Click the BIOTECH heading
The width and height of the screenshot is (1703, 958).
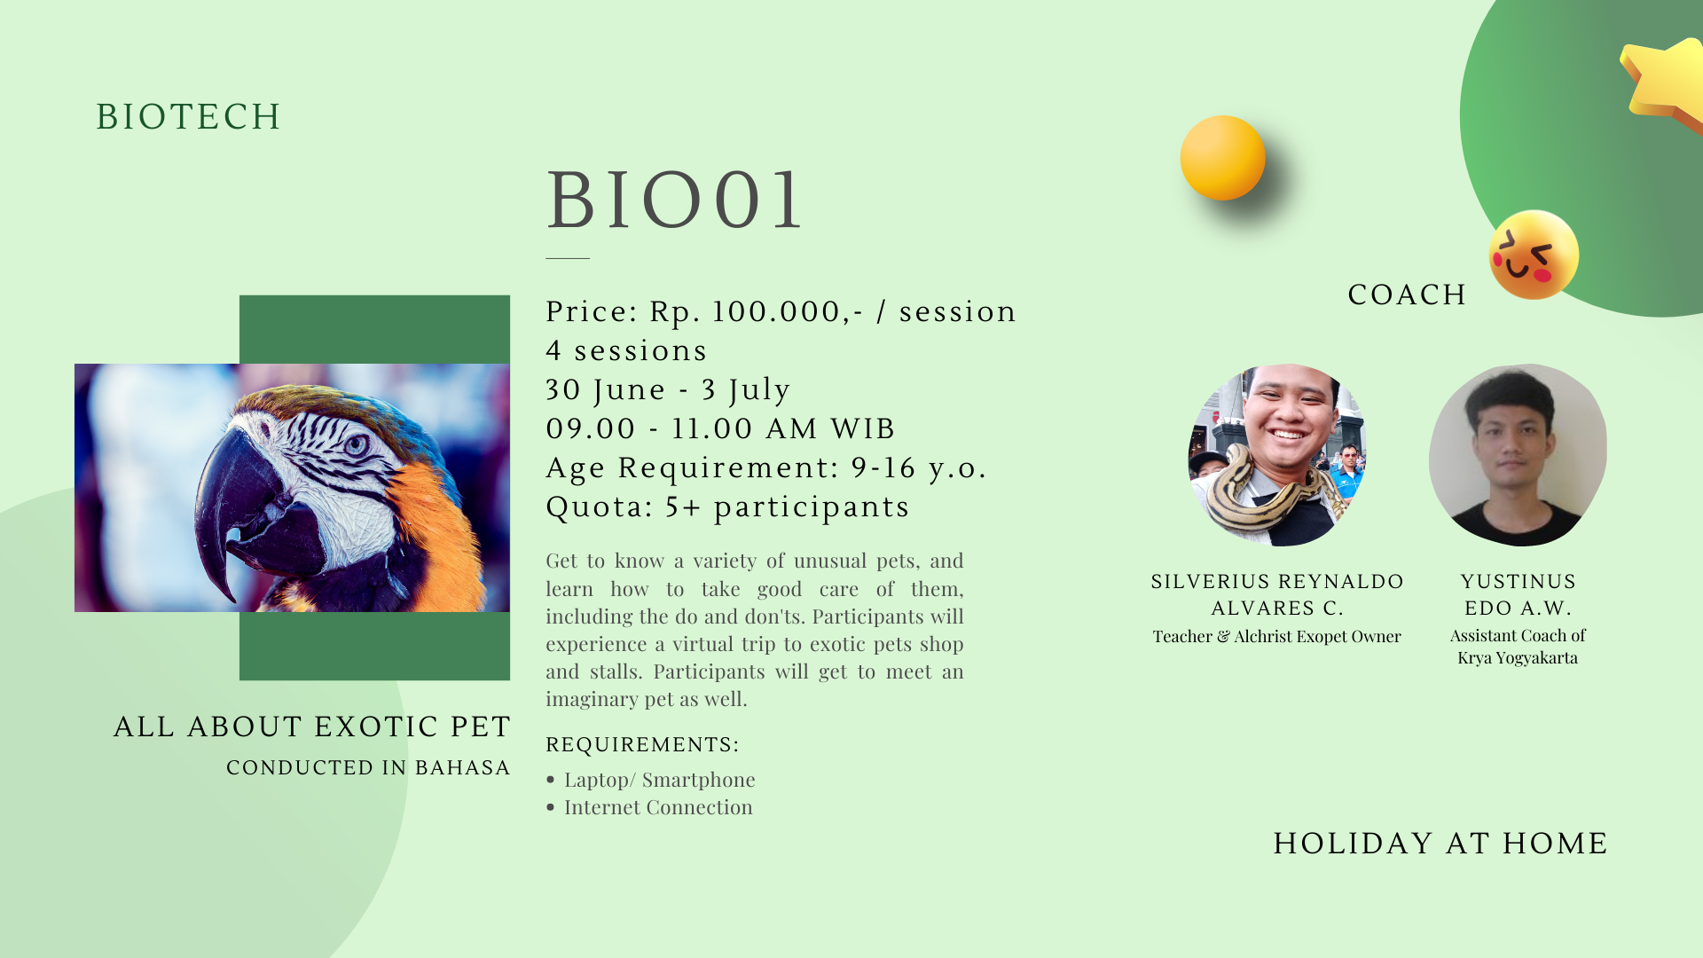point(188,116)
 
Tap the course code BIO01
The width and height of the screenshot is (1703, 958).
point(675,200)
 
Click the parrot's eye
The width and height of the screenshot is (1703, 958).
point(356,444)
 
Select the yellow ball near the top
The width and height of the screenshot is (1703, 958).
point(1222,158)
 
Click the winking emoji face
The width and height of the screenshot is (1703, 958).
point(1534,255)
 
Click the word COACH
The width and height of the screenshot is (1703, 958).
point(1408,294)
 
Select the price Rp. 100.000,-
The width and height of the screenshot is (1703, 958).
point(757,311)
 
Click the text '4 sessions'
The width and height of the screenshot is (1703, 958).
point(626,350)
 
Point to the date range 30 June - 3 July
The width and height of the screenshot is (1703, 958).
point(668,389)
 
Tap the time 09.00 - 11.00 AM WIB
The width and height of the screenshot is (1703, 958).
point(720,428)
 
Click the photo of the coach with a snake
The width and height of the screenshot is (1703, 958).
point(1277,455)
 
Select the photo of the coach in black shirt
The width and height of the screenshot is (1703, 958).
point(1518,455)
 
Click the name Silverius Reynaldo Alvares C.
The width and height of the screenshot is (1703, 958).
point(1277,594)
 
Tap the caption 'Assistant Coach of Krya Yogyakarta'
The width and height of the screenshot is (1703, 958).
point(1518,647)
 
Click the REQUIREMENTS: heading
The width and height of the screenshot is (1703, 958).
point(642,744)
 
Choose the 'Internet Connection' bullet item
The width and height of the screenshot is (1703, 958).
point(658,807)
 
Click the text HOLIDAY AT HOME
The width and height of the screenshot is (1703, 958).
point(1440,843)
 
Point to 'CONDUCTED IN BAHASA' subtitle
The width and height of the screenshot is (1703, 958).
point(368,767)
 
